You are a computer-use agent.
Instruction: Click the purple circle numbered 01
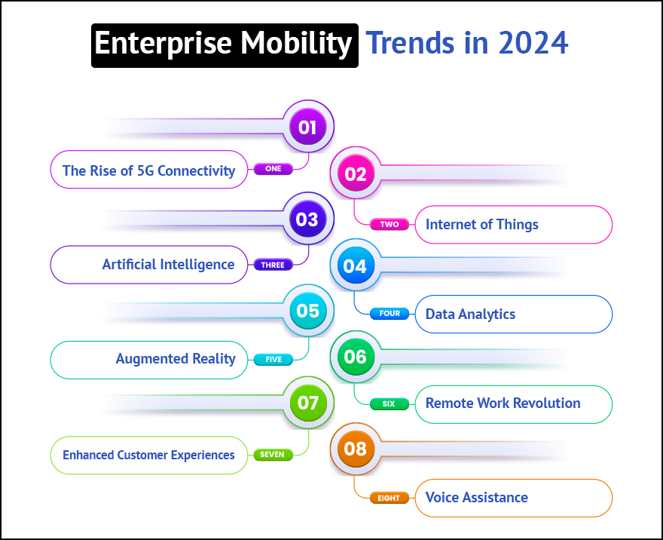coord(307,127)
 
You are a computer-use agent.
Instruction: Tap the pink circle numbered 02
coord(355,174)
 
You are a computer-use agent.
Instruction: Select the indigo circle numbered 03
coord(307,219)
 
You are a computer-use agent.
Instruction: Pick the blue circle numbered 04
coord(355,266)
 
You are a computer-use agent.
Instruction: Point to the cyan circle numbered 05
coord(307,311)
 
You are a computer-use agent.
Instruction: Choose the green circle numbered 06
coord(355,357)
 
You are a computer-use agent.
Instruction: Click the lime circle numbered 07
coord(307,403)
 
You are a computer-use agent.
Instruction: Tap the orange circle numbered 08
coord(355,449)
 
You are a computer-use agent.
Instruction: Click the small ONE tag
coord(273,169)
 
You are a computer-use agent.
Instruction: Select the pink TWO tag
coord(390,224)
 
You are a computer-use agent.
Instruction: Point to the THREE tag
coord(273,265)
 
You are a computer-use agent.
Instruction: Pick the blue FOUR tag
coord(390,314)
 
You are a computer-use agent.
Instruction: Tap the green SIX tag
coord(389,403)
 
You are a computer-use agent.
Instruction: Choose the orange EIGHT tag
coord(390,498)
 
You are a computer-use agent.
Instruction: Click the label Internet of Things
coord(482,224)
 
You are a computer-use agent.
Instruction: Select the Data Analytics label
coord(470,314)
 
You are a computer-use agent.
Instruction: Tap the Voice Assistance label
coord(476,497)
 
